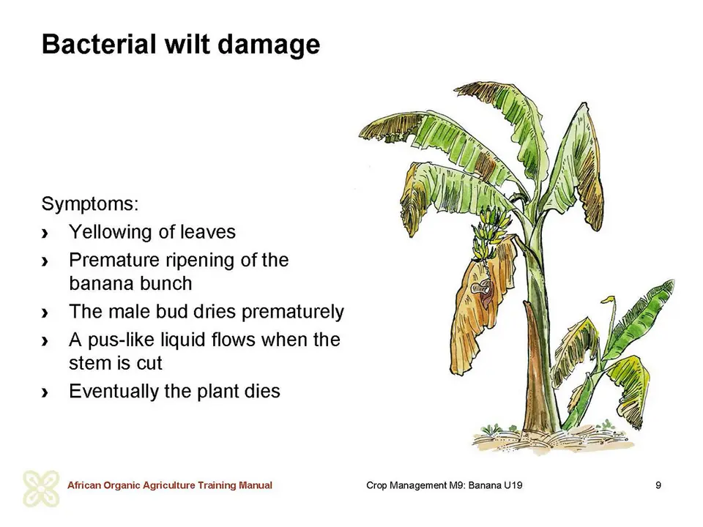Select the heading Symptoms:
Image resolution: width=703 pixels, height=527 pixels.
90,204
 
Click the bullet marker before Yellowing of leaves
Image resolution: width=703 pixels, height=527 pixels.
45,233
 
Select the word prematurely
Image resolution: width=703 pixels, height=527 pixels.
293,313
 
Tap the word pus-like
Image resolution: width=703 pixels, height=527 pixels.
119,340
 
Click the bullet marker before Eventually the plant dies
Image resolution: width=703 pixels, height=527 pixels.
45,392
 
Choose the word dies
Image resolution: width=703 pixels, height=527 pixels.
262,391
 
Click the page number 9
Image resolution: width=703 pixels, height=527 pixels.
658,485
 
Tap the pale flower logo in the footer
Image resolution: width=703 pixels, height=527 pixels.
41,488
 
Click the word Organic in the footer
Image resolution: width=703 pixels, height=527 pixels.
122,485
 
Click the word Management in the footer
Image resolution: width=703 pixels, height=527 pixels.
419,485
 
